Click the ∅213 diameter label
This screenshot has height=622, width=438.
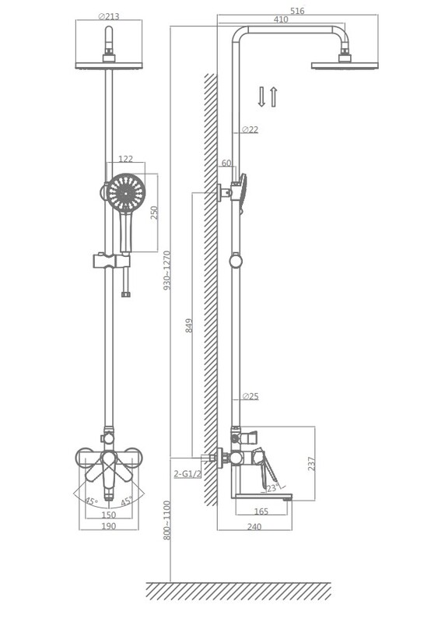pos(109,16)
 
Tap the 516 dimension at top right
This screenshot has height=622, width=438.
pos(297,11)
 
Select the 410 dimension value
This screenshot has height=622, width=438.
pos(281,19)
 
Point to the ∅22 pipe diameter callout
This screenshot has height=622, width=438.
pos(250,129)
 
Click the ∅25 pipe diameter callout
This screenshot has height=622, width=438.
pos(250,396)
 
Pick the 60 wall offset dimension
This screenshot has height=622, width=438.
pos(226,163)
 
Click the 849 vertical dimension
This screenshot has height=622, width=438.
pos(189,325)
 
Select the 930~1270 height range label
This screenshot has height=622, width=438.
pos(167,270)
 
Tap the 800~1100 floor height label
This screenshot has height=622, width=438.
pos(167,520)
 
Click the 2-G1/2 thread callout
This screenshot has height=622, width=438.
pos(187,473)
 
